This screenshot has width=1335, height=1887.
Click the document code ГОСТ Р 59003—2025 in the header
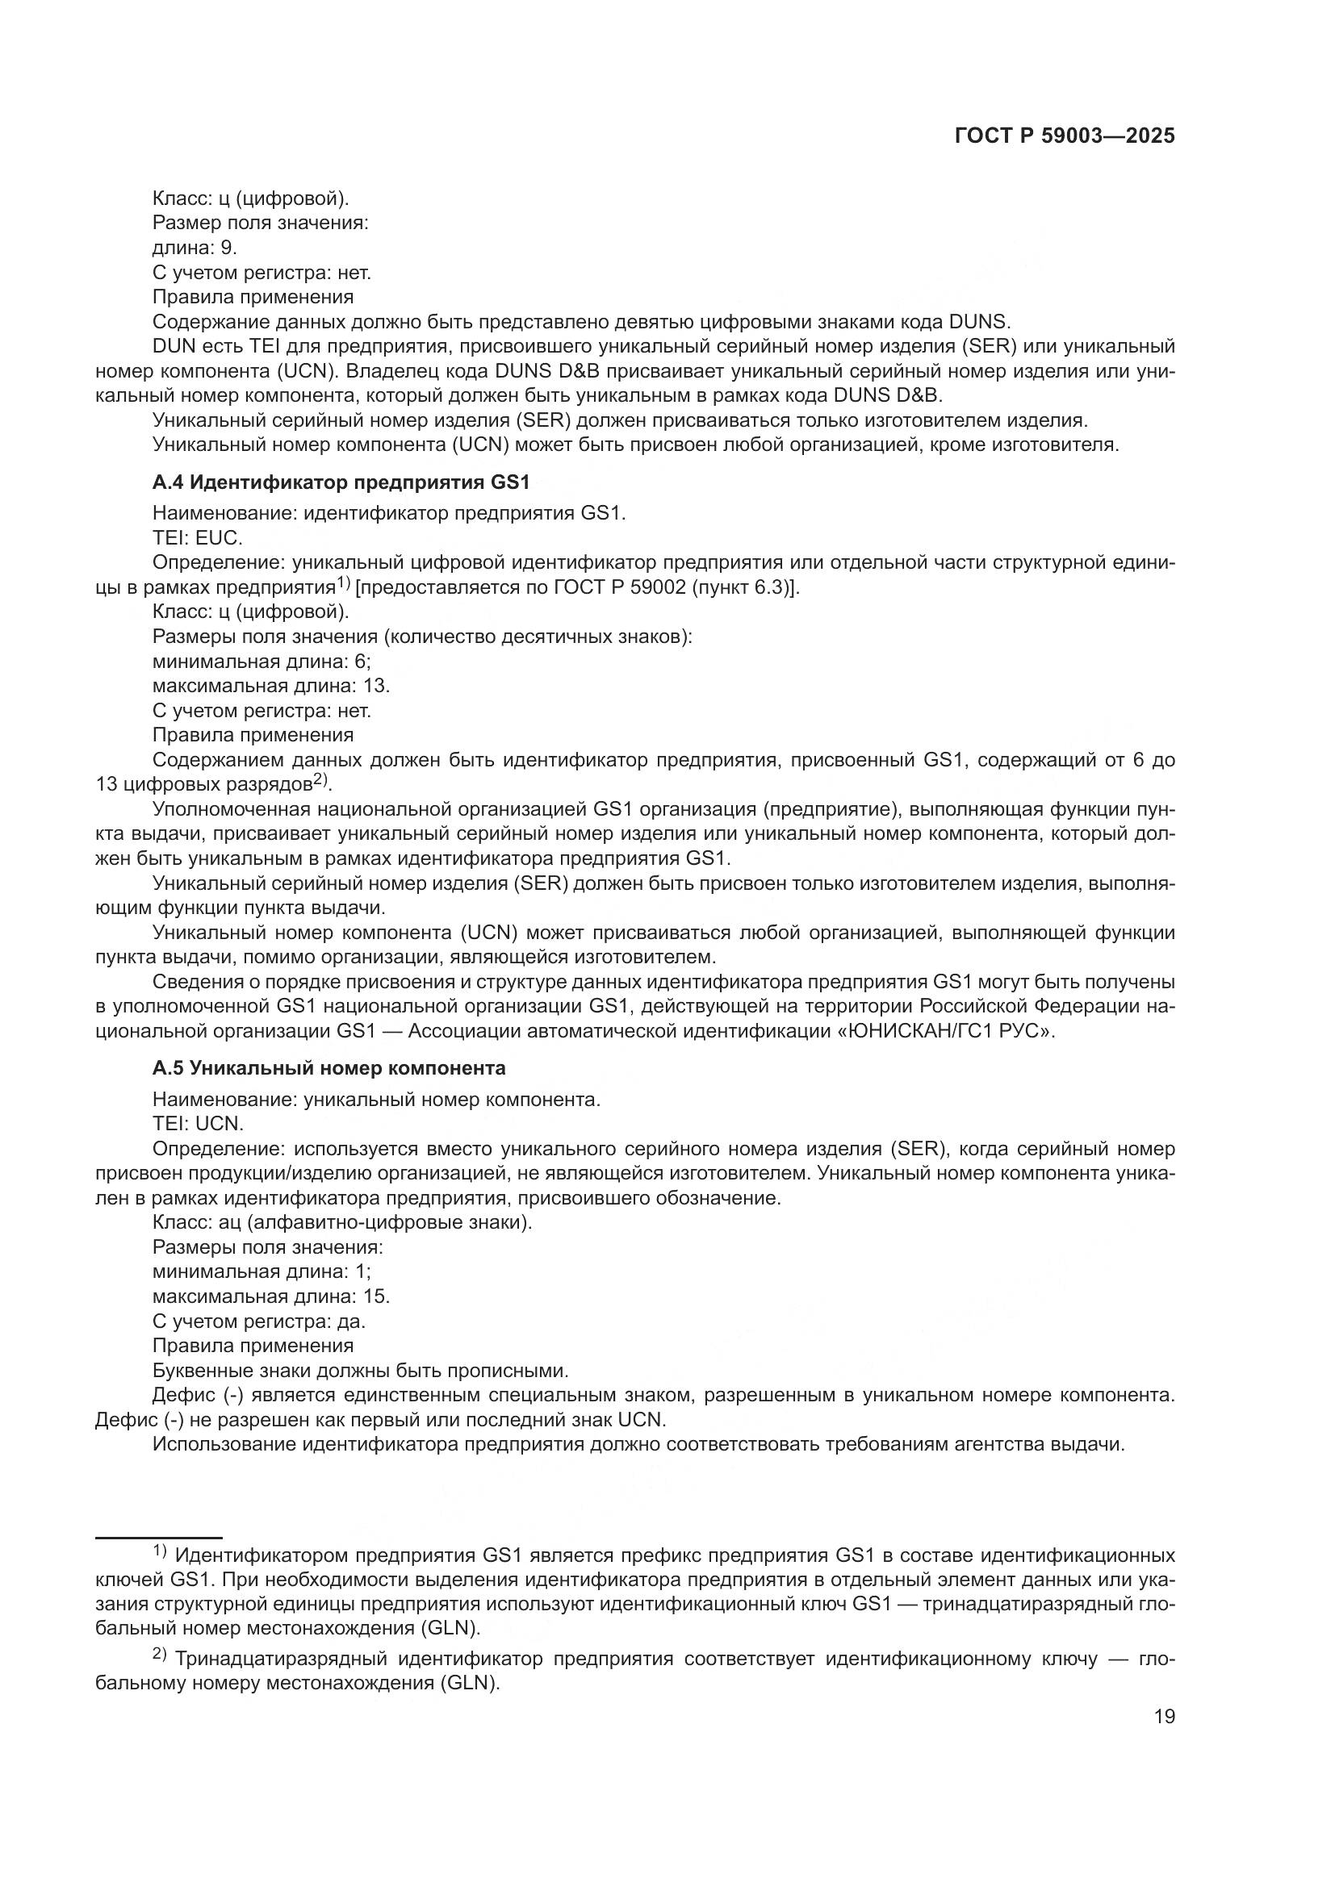(x=1065, y=136)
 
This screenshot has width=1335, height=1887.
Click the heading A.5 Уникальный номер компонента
(x=329, y=1067)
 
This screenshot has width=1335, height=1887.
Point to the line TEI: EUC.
(x=197, y=538)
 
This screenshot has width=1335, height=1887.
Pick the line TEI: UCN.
(x=198, y=1124)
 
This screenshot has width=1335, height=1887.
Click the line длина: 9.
(x=195, y=248)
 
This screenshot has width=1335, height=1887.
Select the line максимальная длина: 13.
(x=271, y=686)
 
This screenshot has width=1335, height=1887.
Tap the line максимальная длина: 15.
(x=271, y=1296)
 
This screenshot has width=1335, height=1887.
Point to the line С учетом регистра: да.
(x=259, y=1321)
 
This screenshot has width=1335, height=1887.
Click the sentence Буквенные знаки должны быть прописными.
(x=360, y=1371)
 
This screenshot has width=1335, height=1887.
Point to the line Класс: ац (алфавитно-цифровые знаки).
(x=342, y=1222)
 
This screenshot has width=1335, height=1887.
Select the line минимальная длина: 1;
(x=262, y=1271)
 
